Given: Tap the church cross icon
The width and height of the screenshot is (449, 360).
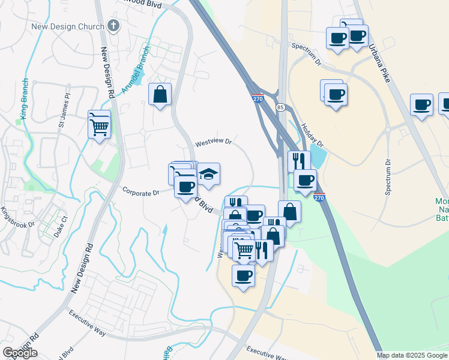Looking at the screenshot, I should pos(113,26).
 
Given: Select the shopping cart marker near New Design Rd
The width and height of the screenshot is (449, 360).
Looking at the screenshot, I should pos(99,123).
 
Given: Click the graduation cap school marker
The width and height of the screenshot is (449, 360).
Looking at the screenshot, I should pos(208,174).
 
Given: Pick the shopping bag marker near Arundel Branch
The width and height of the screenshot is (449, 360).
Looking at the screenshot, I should pos(160,94).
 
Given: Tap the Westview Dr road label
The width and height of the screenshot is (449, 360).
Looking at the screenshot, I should pos(214,142).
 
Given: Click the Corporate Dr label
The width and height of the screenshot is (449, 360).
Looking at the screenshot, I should pos(140,193).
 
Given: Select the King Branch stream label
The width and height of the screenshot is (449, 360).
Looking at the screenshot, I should pos(25,99).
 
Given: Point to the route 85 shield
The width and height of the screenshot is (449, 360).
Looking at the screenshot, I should pos(281,107).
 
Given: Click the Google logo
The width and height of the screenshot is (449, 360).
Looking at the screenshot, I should pos(20,353).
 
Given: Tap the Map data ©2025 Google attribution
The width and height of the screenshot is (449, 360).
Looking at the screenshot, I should pos(412,355).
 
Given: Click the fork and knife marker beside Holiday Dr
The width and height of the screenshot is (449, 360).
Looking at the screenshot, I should pos(298,161).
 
